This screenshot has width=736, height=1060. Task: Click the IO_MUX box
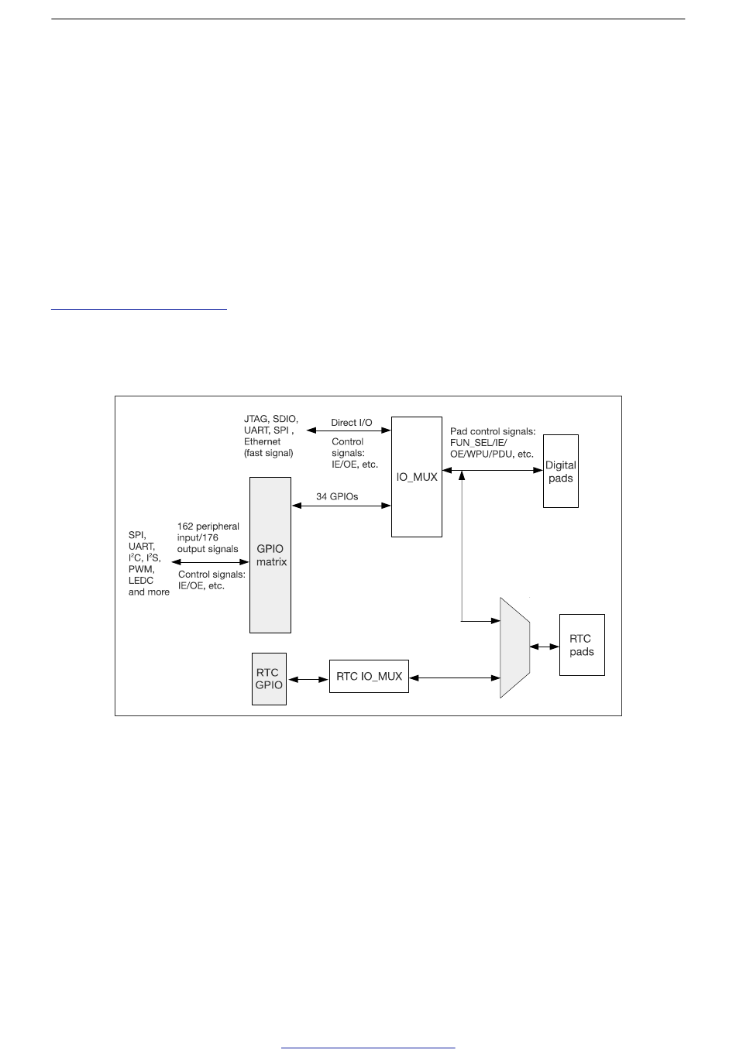tap(417, 476)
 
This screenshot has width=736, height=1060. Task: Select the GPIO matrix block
tap(270, 554)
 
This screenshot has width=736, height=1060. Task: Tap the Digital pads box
tap(560, 471)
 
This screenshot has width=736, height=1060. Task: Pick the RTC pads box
tap(581, 645)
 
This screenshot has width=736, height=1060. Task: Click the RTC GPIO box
tap(269, 678)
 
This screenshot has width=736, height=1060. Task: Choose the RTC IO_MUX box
tap(369, 676)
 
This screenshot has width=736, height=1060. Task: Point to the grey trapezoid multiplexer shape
tap(514, 647)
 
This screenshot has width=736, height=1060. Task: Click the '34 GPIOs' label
tap(337, 496)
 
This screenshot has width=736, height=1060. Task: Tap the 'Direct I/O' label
tap(352, 423)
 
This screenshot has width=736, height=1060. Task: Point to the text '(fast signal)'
tap(268, 453)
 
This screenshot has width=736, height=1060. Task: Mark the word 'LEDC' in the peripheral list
tap(141, 580)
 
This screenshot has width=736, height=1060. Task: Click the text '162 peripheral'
tap(208, 527)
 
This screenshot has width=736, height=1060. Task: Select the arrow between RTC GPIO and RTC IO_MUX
tap(308, 679)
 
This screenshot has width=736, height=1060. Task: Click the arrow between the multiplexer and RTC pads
tap(545, 646)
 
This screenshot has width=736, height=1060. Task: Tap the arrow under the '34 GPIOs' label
tap(341, 506)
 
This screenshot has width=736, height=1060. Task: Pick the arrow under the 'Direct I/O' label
tap(349, 430)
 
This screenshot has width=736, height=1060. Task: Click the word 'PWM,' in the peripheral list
tap(142, 569)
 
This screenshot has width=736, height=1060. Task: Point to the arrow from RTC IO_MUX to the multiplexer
tap(455, 678)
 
